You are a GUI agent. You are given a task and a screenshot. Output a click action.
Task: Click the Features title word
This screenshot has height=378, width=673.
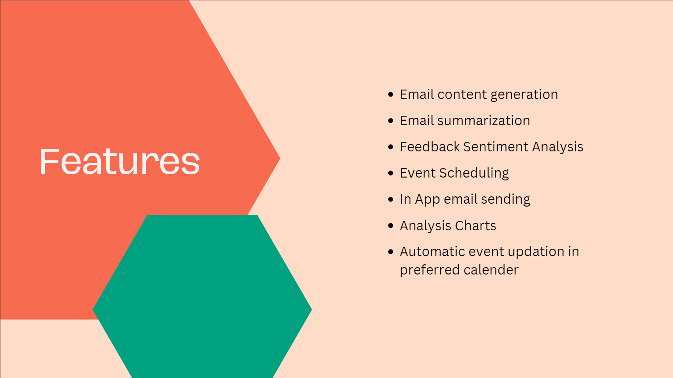(120, 161)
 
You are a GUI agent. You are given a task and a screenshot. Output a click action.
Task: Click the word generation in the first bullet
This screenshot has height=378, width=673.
(524, 95)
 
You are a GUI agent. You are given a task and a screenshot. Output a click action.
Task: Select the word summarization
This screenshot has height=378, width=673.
(484, 121)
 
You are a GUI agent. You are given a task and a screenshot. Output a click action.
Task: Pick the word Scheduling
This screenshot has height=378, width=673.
(474, 173)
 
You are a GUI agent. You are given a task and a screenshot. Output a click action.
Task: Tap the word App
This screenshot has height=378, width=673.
(428, 200)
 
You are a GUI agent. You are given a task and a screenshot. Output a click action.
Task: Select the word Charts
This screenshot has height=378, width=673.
(476, 226)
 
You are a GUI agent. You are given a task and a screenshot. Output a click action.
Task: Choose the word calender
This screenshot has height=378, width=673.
(491, 270)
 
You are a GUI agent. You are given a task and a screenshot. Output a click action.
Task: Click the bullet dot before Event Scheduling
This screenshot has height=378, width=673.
(391, 173)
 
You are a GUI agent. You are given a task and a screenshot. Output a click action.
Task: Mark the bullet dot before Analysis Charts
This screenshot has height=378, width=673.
(391, 225)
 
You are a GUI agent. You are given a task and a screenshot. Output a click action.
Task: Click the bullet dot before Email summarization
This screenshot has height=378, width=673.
(391, 121)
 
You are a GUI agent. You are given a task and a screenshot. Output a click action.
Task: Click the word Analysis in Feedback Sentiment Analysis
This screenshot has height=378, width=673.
(557, 147)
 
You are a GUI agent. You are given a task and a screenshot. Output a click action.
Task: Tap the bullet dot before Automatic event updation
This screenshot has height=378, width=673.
(391, 252)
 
